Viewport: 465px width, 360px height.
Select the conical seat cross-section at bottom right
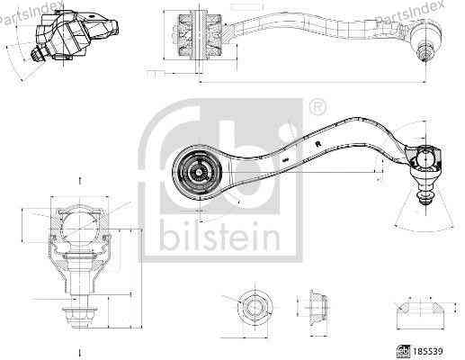(419, 312)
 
